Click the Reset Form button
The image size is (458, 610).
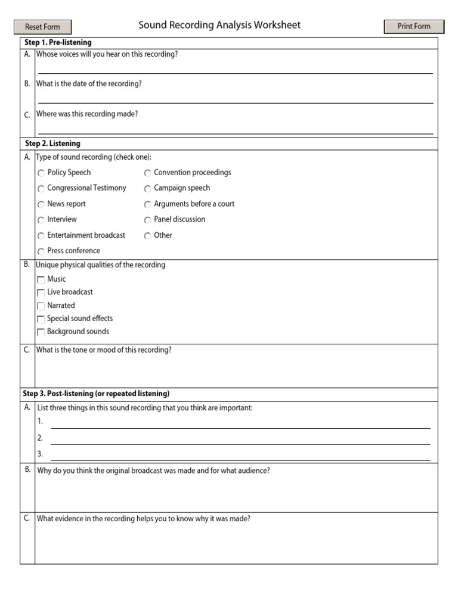click(42, 27)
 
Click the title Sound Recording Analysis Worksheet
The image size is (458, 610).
click(219, 25)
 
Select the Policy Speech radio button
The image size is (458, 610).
click(41, 173)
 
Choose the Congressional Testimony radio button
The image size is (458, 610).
click(41, 189)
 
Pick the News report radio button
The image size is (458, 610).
click(41, 204)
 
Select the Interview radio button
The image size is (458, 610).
click(41, 220)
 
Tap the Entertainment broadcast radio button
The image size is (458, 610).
click(41, 236)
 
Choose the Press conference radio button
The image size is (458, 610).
click(41, 251)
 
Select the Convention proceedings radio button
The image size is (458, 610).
click(147, 173)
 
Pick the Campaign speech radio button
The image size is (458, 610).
click(147, 189)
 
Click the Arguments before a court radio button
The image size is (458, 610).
click(147, 204)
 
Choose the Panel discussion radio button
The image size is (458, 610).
click(147, 220)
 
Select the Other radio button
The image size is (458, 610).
click(147, 236)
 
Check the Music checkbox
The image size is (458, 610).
click(41, 279)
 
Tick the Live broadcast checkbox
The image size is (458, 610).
click(41, 292)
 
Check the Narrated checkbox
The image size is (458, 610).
click(41, 306)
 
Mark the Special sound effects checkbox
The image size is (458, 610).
click(41, 319)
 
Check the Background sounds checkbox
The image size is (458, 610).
click(41, 332)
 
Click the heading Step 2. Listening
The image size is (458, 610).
click(52, 144)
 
